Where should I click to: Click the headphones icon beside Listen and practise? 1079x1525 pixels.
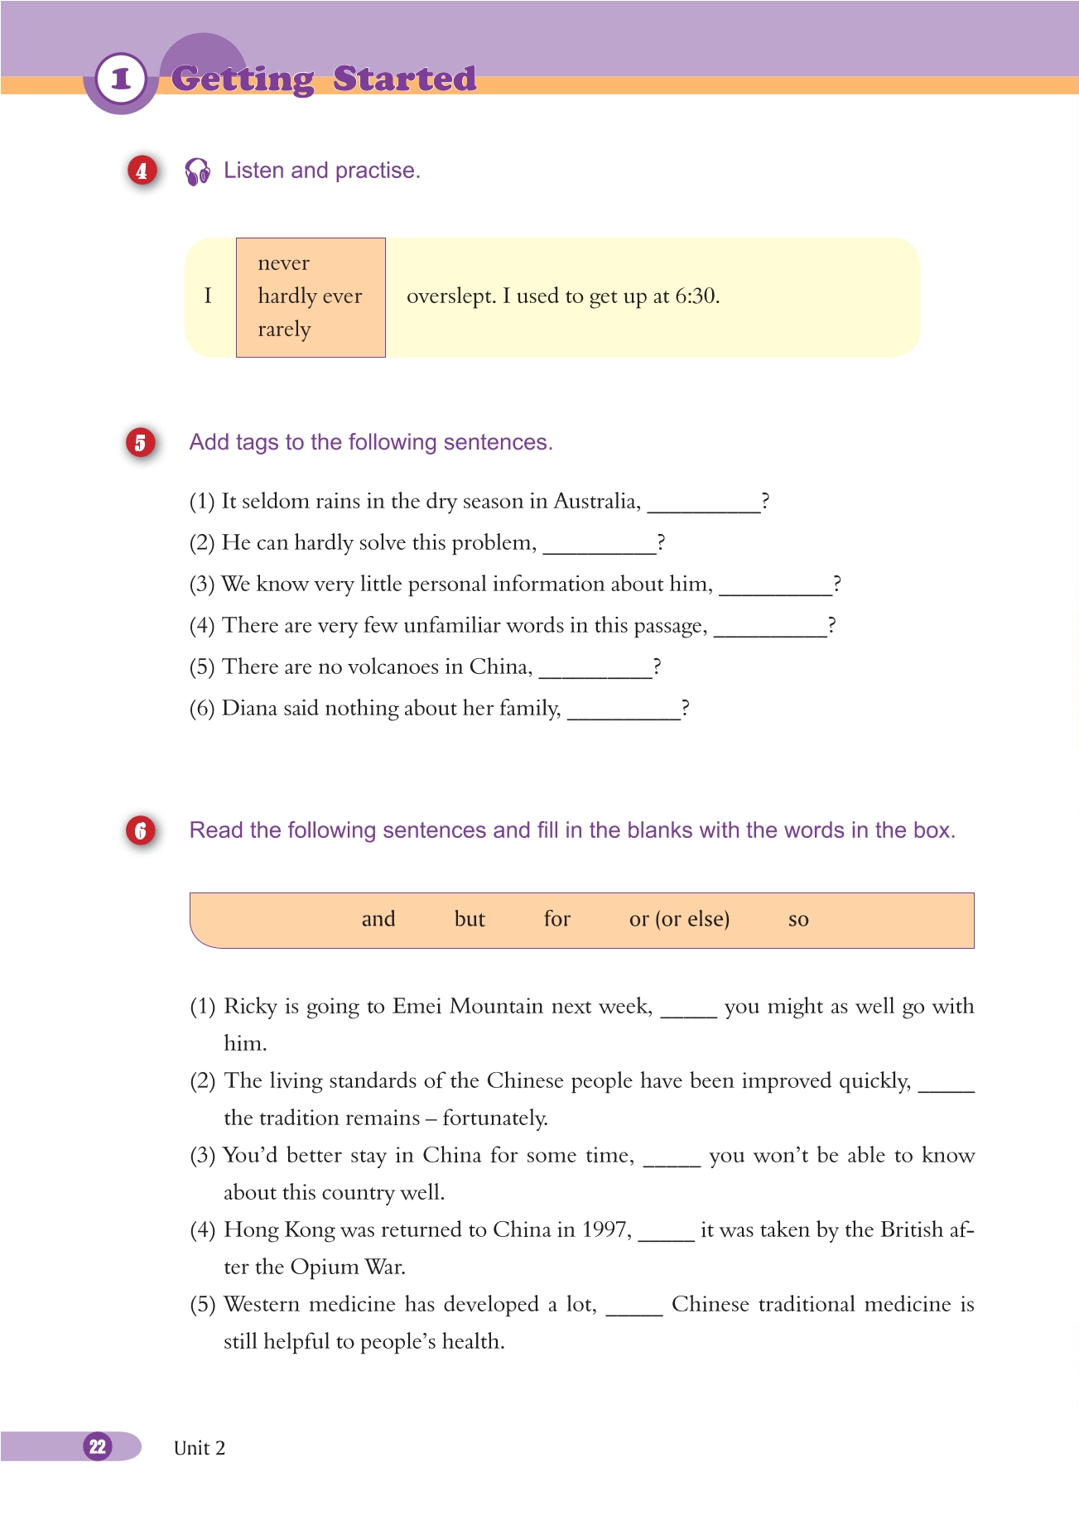[x=198, y=171]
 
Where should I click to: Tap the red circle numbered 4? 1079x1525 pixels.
[x=142, y=171]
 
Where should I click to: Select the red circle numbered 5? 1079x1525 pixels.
[x=141, y=442]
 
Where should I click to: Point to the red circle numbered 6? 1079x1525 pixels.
[x=141, y=830]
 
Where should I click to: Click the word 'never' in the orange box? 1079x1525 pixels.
[x=283, y=263]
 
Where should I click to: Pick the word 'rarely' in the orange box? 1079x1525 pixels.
[x=284, y=330]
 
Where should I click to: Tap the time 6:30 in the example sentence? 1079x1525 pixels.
[x=696, y=296]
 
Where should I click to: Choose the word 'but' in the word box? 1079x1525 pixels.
[x=470, y=919]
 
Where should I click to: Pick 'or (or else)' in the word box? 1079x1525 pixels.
[x=679, y=919]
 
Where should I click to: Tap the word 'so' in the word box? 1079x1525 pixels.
[x=798, y=919]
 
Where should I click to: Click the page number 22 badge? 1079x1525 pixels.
[x=98, y=1446]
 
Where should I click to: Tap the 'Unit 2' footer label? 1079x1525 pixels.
[x=200, y=1448]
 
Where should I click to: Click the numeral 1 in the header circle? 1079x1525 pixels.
[x=122, y=79]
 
